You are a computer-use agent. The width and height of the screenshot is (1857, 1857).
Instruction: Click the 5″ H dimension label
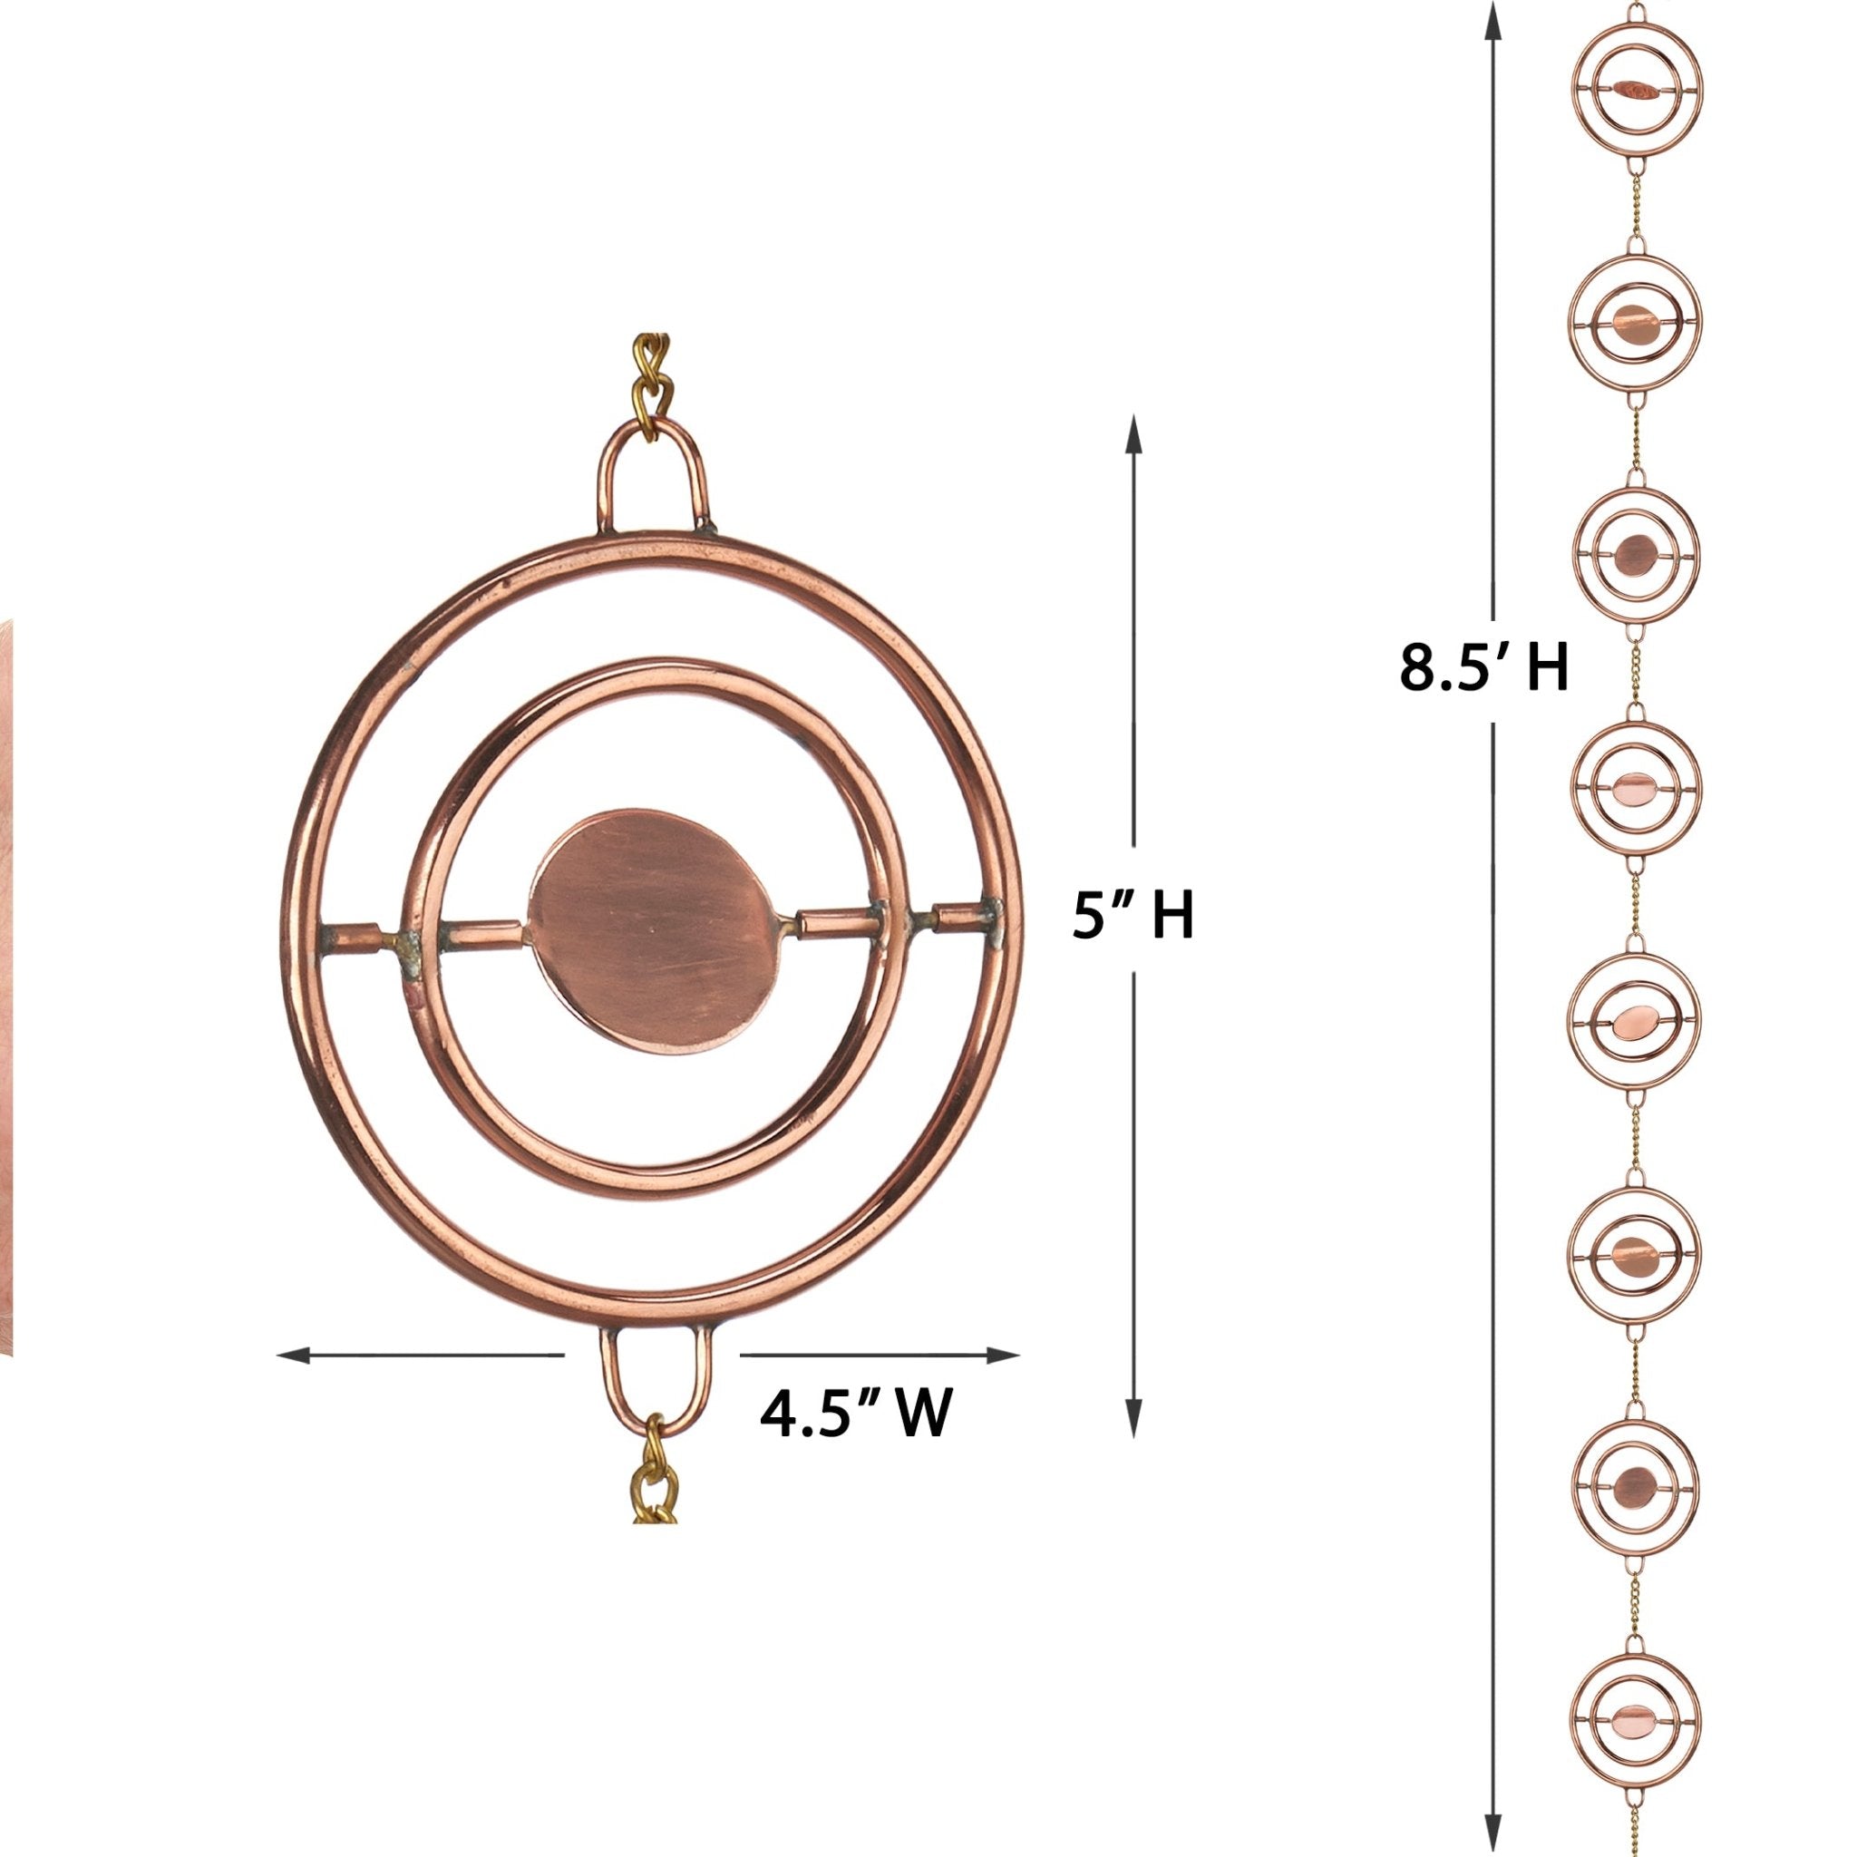(1133, 915)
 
